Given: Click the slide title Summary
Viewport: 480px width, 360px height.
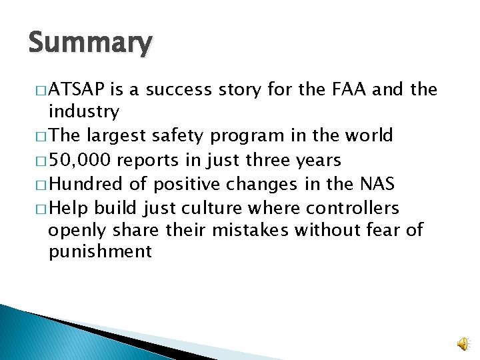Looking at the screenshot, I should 91,43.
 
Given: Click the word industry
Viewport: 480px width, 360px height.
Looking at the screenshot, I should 84,111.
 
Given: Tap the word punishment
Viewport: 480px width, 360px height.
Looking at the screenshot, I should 100,252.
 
